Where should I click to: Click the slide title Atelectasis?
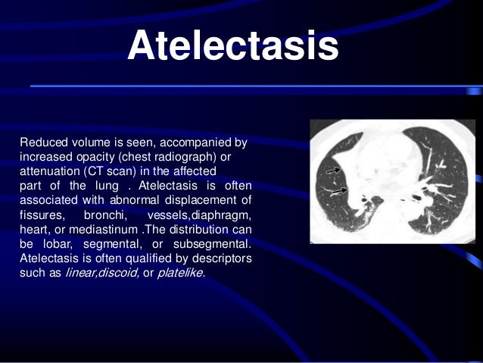point(232,47)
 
